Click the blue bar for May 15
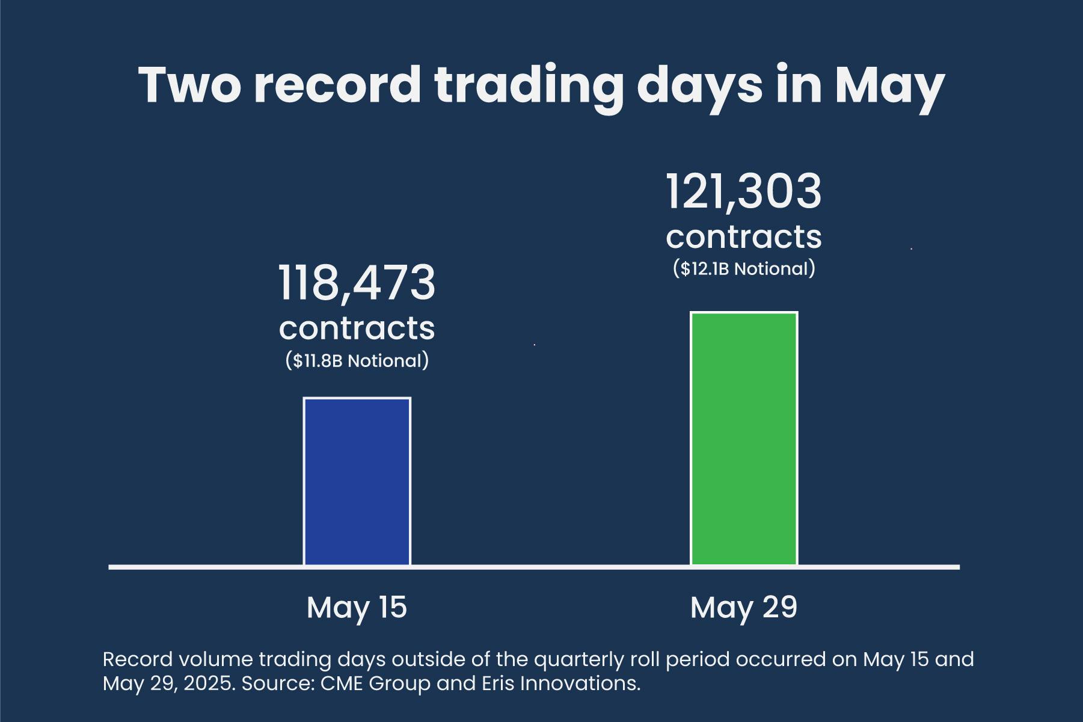point(357,481)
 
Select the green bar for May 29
point(744,439)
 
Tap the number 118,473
point(357,283)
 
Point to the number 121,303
point(744,191)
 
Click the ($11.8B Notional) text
point(357,360)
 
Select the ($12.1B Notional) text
point(744,268)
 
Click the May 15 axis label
point(357,607)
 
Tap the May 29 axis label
point(744,607)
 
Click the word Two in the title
point(190,85)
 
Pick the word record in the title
point(337,85)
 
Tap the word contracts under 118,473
point(357,329)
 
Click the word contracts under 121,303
point(744,237)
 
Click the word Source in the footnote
point(277,683)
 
